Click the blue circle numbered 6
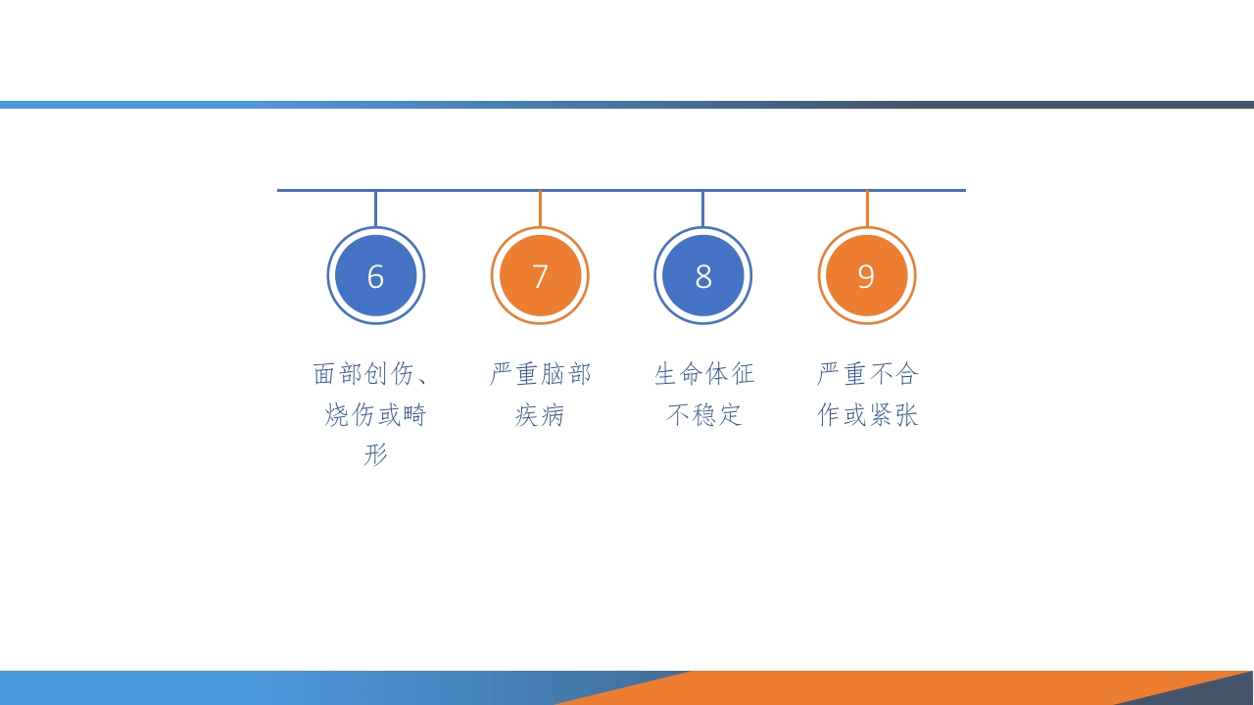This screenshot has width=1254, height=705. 375,276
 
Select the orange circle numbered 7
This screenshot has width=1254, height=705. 540,276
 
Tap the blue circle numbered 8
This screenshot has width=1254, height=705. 703,276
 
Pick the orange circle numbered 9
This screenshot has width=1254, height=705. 867,276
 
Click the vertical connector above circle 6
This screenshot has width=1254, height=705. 375,209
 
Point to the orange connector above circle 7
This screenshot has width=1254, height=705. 540,209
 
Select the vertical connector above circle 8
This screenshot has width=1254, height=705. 702,209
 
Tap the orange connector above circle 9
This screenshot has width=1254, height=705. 867,209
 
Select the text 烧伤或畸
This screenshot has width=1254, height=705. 376,415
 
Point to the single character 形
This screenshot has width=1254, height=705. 376,455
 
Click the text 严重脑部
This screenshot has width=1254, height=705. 540,374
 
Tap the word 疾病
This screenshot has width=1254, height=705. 540,415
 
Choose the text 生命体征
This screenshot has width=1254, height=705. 704,374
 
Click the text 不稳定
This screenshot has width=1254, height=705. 704,415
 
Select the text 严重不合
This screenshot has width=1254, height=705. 868,374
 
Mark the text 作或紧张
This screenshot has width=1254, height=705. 868,415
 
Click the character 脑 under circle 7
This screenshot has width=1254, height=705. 553,374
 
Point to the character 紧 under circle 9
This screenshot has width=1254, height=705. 881,415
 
